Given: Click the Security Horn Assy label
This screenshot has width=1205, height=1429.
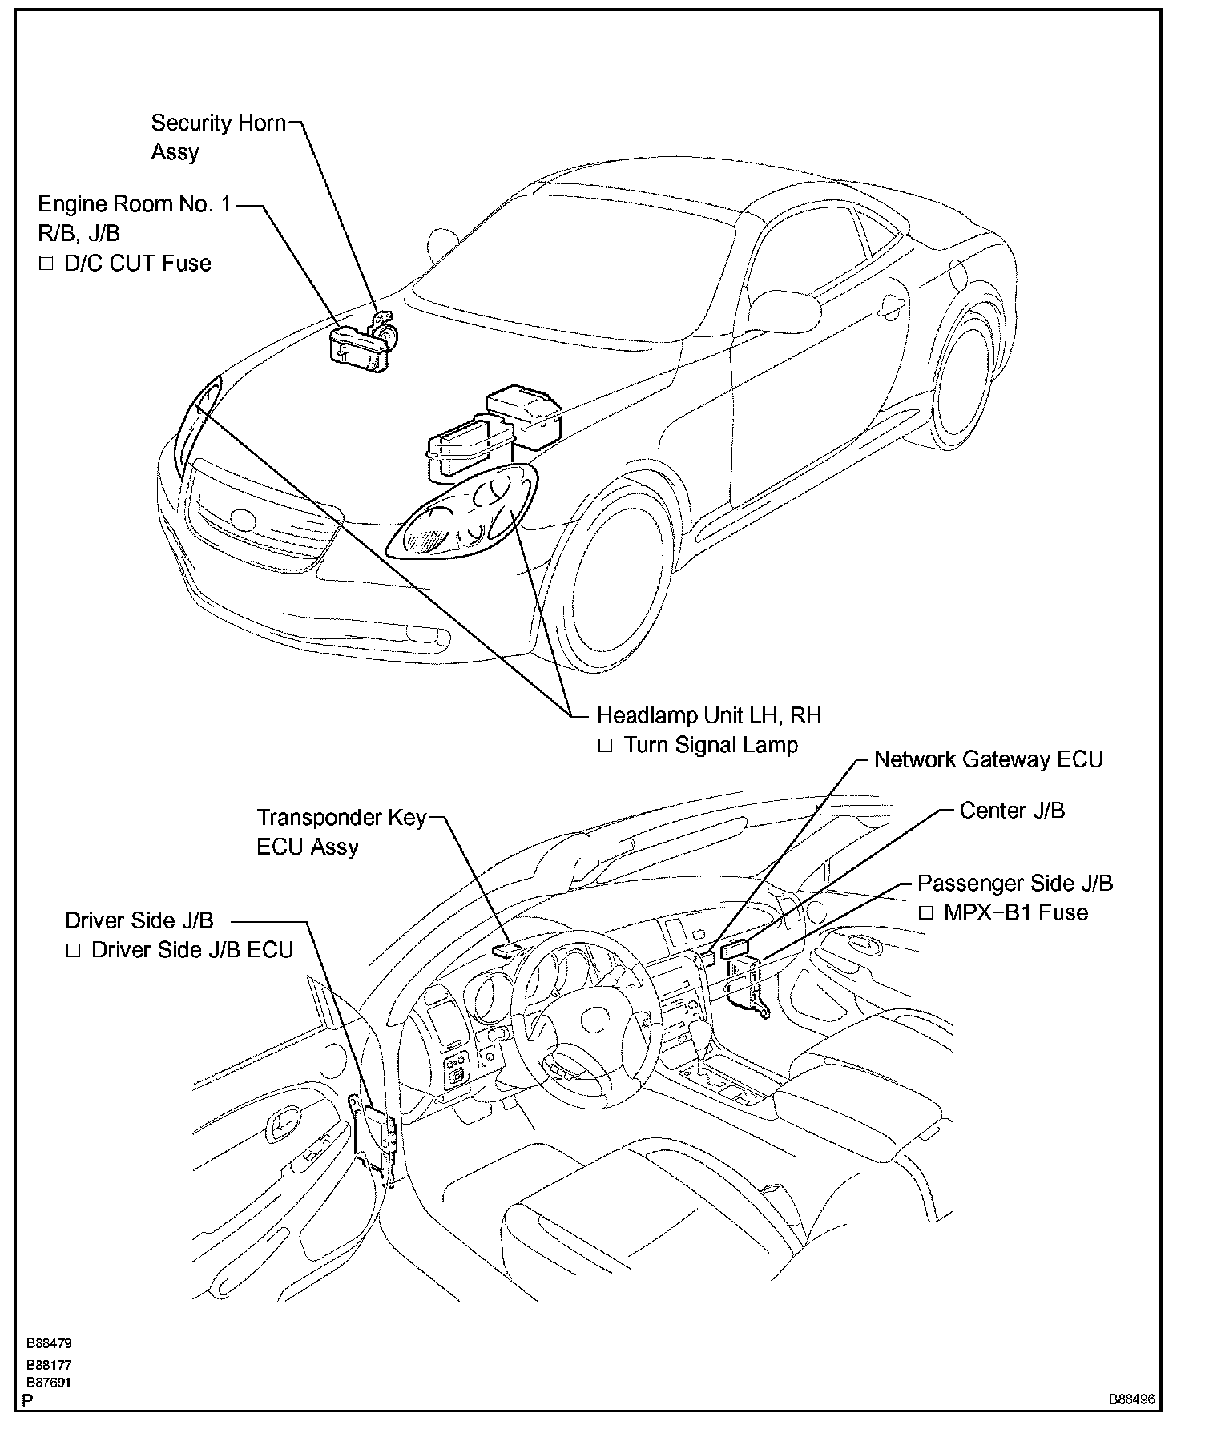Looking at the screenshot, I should point(218,137).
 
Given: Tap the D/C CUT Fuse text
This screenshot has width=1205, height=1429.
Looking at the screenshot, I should point(137,264).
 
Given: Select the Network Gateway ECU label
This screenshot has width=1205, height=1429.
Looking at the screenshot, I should point(988,759).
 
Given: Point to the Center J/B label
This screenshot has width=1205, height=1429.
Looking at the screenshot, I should point(1012,811).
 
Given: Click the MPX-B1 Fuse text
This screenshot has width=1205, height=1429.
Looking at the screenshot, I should point(1015,912).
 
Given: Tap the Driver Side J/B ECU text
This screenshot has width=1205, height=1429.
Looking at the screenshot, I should point(192,950).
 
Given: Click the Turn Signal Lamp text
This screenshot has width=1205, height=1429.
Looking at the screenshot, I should point(711,745).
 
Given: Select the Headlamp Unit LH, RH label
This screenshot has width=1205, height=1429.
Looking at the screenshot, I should point(709,715).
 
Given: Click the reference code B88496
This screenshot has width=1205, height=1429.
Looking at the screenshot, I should point(1131,1400).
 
